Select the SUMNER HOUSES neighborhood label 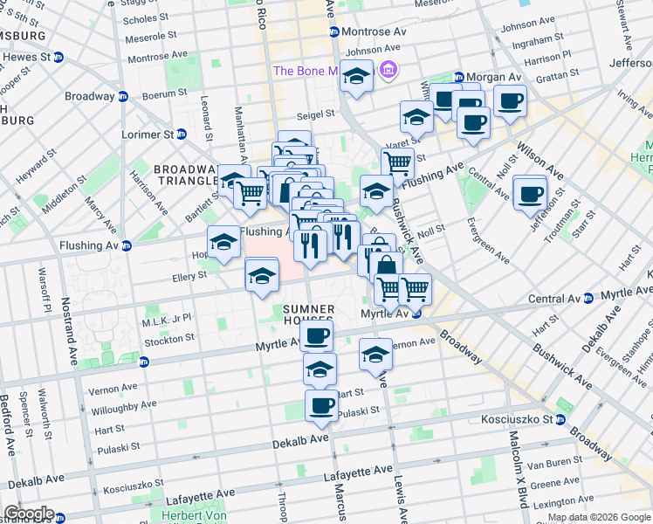pos(308,316)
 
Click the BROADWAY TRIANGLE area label pos(184,174)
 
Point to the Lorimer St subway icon pos(182,134)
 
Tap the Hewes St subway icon pos(58,58)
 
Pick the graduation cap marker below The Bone pos(356,78)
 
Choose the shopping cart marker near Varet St pos(398,163)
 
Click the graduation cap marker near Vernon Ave pos(376,355)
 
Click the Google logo pos(29,514)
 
